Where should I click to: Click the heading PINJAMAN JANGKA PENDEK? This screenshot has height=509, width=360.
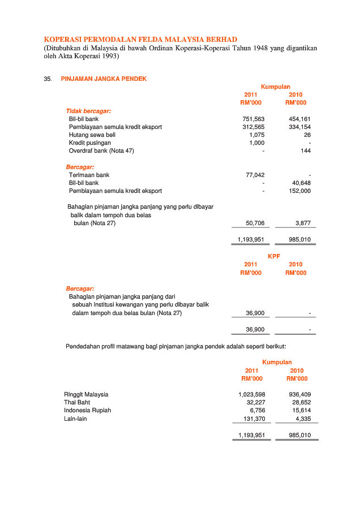(104, 79)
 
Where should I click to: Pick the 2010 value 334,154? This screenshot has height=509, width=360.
(299, 127)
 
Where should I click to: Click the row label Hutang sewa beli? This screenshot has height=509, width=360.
(92, 135)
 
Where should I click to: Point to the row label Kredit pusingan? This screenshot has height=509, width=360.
(90, 143)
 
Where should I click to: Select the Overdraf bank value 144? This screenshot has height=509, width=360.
(306, 151)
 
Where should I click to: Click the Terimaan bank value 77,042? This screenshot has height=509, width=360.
(255, 175)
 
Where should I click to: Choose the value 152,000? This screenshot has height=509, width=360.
(299, 191)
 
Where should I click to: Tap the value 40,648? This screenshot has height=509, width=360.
(301, 183)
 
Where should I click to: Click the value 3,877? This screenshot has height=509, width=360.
(303, 223)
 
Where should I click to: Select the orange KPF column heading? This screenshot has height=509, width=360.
(274, 256)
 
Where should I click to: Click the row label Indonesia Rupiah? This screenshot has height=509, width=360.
(87, 410)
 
